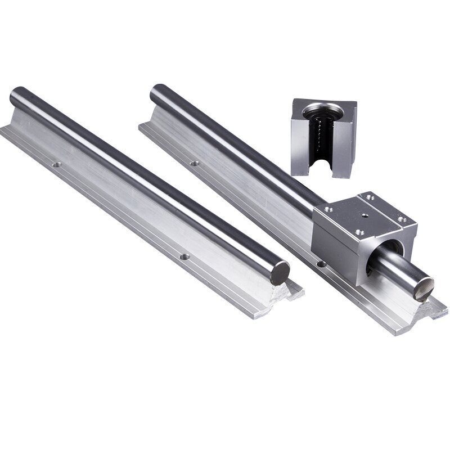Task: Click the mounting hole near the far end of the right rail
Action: pos(195,163)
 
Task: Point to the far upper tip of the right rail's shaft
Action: pos(156,89)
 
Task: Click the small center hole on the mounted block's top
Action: pos(365,214)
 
